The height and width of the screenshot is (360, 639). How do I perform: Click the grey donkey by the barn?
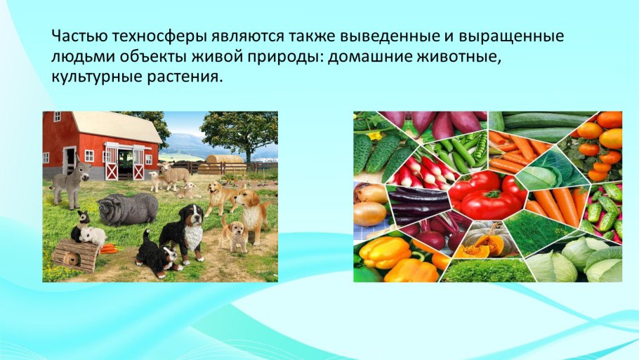(68, 182)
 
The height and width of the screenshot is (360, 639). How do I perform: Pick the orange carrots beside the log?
(109, 248)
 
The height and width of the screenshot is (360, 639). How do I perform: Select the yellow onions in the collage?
(369, 204)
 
